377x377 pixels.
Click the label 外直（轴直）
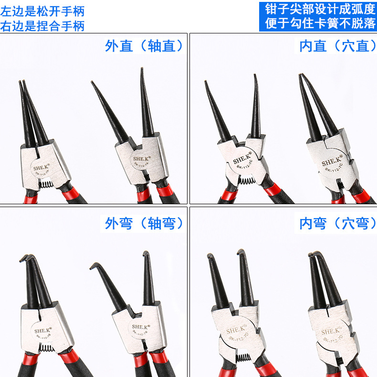pos(145,46)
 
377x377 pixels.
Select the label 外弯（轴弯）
pos(145,223)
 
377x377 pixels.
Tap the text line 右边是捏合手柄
pos(42,25)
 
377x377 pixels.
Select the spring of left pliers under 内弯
pos(244,359)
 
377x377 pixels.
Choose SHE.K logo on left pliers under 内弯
pos(237,330)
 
